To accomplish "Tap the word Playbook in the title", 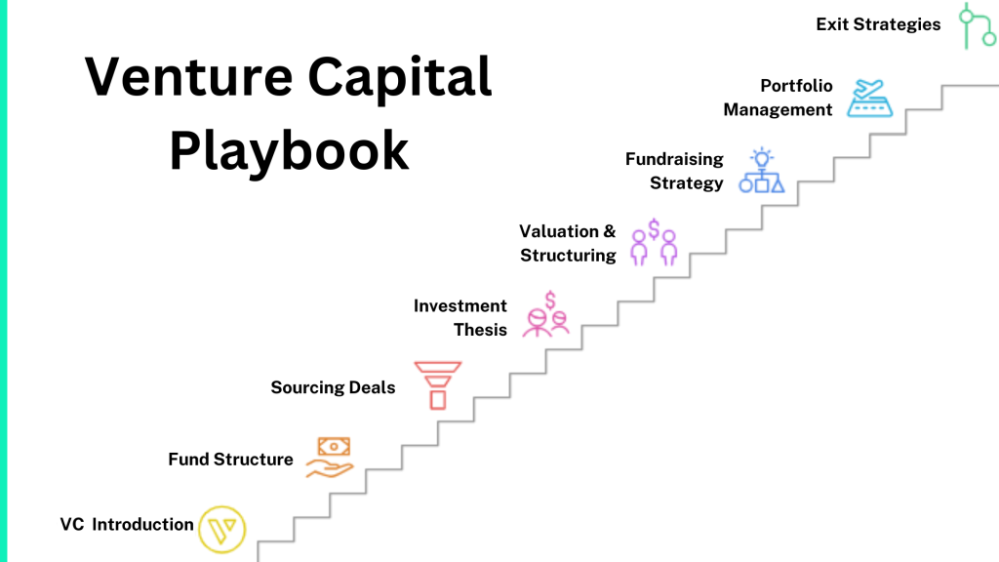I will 289,152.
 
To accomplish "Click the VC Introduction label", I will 127,525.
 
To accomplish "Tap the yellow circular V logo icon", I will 222,530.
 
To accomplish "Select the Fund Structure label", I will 230,460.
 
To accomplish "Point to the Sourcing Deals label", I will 333,388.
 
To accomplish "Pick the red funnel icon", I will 436,384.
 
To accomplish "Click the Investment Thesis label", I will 460,318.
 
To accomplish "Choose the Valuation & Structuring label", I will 568,244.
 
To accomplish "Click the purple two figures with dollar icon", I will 654,243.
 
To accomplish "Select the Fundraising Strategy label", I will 674,171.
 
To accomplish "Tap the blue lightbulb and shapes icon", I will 761,171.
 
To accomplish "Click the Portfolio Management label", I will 778,98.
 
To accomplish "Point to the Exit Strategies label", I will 878,24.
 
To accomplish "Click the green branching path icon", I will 975,26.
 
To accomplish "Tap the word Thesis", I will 480,330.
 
